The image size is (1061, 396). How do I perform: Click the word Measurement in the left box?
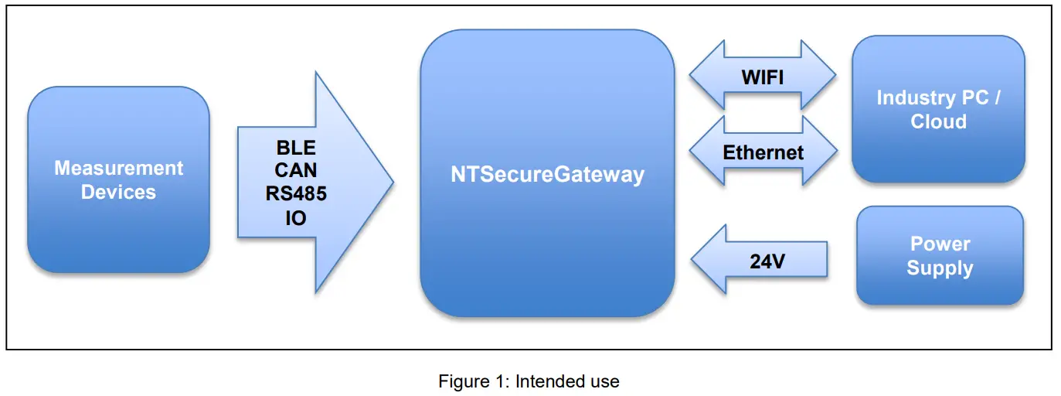click(118, 168)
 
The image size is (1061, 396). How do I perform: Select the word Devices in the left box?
click(118, 192)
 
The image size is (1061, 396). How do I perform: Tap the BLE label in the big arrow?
click(295, 148)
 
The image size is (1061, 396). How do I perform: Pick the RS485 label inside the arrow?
click(295, 194)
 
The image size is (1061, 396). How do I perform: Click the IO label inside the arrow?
click(295, 218)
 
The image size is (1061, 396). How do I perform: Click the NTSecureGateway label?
click(547, 174)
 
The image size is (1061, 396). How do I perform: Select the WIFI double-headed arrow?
click(763, 76)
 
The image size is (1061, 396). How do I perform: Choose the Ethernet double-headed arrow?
click(763, 152)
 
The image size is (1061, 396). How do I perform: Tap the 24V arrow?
click(761, 260)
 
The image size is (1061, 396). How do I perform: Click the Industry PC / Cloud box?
click(938, 109)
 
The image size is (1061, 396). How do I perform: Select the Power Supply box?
click(940, 256)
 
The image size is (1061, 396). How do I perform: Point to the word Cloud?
click(938, 121)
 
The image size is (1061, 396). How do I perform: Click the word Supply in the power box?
click(940, 268)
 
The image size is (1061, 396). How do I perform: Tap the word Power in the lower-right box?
click(940, 244)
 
